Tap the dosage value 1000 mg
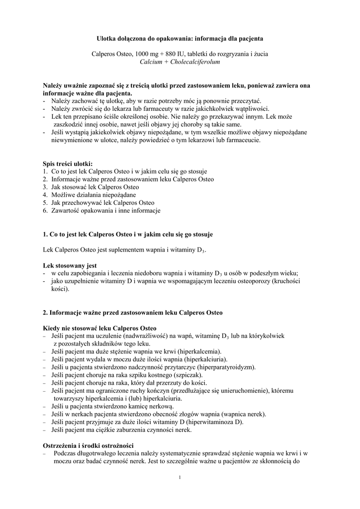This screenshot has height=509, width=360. tap(142, 54)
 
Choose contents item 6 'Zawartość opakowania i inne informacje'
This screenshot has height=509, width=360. tap(106, 211)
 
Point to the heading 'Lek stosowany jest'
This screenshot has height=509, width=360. tap(70, 265)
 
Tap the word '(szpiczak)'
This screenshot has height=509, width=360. tap(198, 375)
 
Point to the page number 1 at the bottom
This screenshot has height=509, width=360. tap(180, 478)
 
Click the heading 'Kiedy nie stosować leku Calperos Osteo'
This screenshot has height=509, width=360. tap(99, 328)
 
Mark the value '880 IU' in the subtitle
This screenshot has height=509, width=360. tap(174, 54)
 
